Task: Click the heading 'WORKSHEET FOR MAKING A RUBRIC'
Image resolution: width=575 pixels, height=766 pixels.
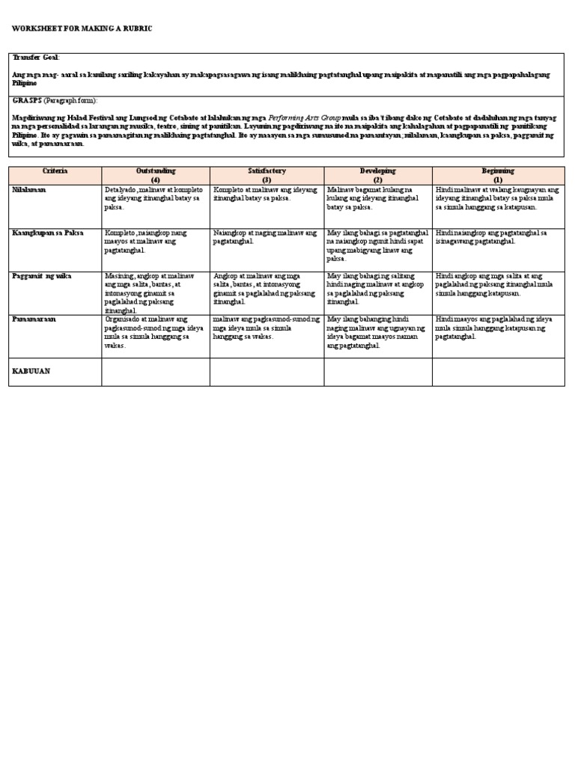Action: tap(82, 28)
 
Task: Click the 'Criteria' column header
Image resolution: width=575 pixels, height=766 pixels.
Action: tap(55, 171)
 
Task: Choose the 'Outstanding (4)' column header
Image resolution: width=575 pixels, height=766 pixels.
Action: tap(155, 176)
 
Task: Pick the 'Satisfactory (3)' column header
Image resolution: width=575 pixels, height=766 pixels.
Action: tap(267, 176)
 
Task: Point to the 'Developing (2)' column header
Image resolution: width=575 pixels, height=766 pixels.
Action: tap(378, 176)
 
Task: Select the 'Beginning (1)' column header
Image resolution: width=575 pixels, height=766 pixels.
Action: tap(498, 176)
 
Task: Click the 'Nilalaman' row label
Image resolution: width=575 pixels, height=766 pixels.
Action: tap(29, 190)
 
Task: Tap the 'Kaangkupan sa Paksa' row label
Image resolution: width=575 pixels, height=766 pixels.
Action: tap(47, 233)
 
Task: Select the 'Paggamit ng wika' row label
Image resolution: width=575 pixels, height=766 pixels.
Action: tap(41, 276)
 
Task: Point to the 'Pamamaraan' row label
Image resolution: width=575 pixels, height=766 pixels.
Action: tap(34, 319)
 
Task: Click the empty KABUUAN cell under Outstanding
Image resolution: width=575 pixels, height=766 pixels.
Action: tap(155, 372)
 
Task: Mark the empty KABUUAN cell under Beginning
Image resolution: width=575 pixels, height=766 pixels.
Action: tap(498, 372)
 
